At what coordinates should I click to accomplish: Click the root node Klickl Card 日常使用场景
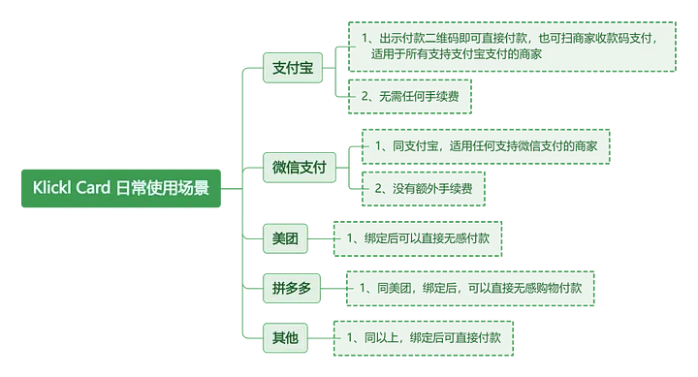(121, 187)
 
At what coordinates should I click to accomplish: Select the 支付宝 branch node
(293, 69)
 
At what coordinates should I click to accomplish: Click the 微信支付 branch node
(300, 168)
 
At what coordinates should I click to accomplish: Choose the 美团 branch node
(285, 238)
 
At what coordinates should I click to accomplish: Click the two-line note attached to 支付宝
(510, 46)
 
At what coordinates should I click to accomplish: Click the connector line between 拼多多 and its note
(333, 288)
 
